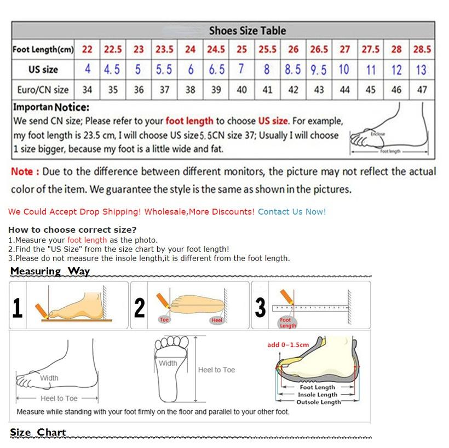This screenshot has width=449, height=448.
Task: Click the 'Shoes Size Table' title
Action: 247,31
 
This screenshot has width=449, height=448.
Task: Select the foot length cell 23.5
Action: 164,49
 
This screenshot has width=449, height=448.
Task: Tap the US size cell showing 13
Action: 421,70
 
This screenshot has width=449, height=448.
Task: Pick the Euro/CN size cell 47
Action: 422,90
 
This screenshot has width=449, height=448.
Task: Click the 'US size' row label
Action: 43,70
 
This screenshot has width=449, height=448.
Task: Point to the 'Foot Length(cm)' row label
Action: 43,50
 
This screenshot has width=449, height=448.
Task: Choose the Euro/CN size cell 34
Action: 87,90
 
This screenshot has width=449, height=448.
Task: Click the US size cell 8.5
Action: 293,70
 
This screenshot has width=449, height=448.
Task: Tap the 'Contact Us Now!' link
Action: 291,211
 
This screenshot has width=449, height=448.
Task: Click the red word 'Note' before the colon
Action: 22,171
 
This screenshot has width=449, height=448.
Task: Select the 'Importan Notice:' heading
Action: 51,107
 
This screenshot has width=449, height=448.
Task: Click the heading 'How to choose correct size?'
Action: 72,229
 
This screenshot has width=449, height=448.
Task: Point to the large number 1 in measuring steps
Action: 18,308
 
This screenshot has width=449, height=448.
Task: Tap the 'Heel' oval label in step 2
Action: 217,320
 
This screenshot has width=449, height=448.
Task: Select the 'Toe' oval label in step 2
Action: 164,319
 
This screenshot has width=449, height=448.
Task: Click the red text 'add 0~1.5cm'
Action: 288,344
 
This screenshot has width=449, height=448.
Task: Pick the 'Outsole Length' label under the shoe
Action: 318,402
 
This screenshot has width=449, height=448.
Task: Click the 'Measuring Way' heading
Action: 50,271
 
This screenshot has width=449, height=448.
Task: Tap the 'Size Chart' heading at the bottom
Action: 38,432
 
